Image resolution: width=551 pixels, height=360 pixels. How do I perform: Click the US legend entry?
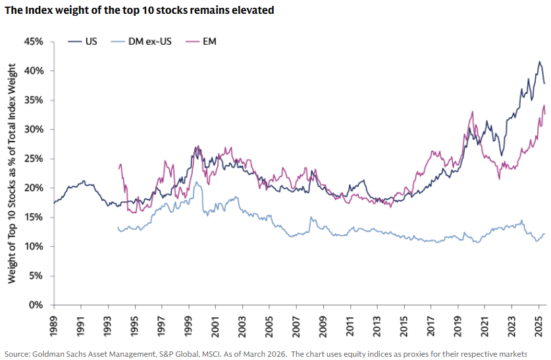tap(82, 41)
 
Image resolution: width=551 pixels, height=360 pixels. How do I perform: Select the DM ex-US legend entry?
tap(142, 41)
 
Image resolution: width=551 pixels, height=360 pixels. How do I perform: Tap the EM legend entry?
tap(201, 41)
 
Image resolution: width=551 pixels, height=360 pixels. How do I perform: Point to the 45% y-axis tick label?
tap(34, 41)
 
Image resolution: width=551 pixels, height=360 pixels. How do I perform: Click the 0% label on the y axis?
tap(36, 305)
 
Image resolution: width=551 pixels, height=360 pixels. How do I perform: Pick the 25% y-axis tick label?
tap(34, 159)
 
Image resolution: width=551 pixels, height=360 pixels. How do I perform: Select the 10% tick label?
tap(34, 246)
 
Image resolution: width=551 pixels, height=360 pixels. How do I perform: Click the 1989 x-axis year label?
tap(54, 326)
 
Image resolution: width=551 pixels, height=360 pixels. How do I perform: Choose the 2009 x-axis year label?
tap(323, 326)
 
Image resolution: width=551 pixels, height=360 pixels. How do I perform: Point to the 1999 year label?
tap(189, 326)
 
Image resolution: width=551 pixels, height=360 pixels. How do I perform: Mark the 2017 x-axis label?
tap(431, 326)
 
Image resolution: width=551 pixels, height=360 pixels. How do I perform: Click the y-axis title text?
tap(12, 173)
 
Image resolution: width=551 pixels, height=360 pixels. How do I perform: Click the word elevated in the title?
tap(253, 10)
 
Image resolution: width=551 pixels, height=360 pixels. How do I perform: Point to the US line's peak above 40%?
tap(539, 61)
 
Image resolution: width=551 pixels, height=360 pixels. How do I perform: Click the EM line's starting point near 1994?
tap(119, 168)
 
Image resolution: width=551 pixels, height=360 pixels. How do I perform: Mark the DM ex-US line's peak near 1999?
tap(196, 182)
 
